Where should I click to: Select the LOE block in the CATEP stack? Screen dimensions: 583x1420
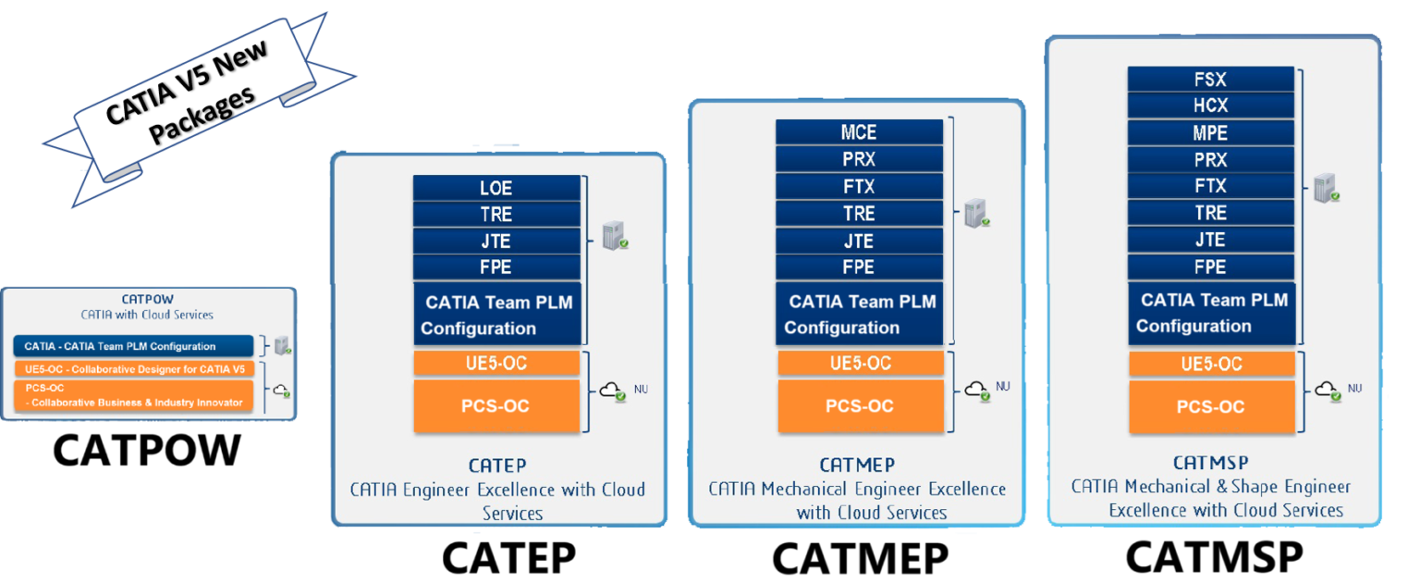coord(496,188)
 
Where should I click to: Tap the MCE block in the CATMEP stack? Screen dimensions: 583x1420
coord(859,132)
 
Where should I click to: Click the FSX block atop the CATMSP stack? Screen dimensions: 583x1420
coord(1210,79)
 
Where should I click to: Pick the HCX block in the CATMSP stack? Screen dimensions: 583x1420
coord(1210,105)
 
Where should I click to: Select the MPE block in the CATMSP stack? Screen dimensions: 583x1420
coord(1210,132)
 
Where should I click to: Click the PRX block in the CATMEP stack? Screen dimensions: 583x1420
coord(859,159)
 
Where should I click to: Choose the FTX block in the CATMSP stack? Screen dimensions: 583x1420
coord(1210,186)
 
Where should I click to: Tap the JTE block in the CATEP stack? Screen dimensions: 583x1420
coord(496,241)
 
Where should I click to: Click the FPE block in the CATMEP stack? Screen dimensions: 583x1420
coord(859,267)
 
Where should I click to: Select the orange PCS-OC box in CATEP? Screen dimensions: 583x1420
coord(496,406)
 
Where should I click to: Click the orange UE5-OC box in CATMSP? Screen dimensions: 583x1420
coord(1210,364)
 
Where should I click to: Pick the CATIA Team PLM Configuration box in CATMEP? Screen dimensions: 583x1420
coord(859,315)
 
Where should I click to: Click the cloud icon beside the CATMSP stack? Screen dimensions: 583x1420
coord(1328,390)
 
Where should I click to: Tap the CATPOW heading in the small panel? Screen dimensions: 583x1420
coord(147,299)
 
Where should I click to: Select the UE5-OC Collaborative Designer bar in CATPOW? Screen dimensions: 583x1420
coord(133,368)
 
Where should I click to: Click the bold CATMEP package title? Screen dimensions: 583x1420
coord(857,465)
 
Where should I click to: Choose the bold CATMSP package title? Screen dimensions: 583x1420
coord(1211,463)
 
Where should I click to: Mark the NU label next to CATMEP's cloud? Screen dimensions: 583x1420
coord(1003,385)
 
